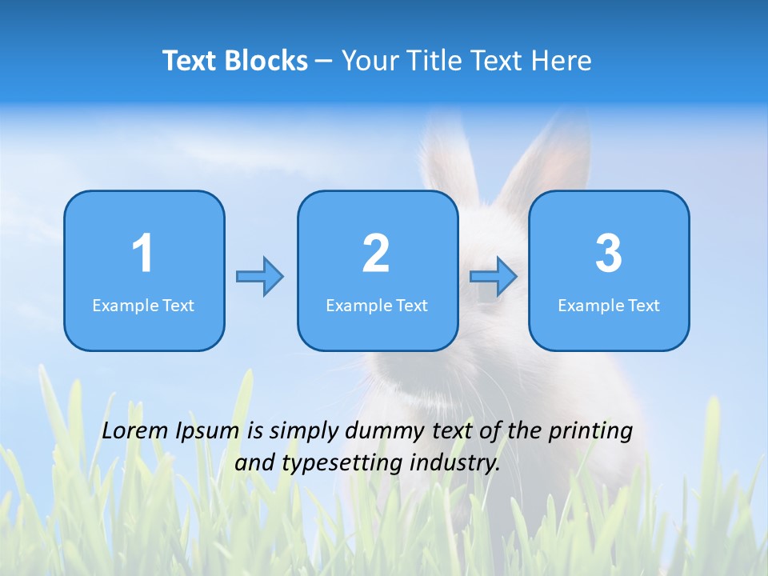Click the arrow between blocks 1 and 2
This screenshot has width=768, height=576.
tap(260, 277)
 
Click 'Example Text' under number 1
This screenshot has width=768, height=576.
tap(143, 305)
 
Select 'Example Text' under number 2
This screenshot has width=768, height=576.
tap(377, 305)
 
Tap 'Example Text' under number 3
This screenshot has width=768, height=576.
tap(609, 305)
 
